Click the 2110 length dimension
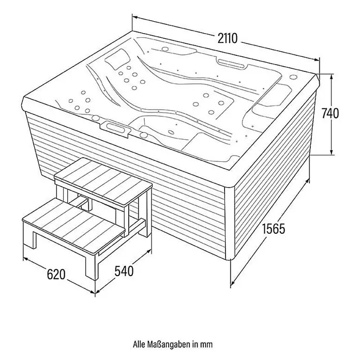point(228,38)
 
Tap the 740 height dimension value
point(330,113)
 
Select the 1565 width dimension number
point(274,229)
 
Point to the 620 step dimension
point(56,274)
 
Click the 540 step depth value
point(124,271)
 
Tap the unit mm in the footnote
point(206,344)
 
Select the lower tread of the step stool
point(74,227)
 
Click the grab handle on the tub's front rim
point(114,128)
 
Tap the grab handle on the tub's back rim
point(232,64)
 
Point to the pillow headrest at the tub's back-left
point(117,59)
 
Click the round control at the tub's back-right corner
point(293,77)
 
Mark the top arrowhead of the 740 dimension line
point(331,77)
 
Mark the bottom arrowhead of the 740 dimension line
point(331,153)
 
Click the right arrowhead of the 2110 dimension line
point(317,59)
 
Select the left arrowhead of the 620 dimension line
point(25,259)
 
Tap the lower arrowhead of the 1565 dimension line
point(233,282)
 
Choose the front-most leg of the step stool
point(92,266)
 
